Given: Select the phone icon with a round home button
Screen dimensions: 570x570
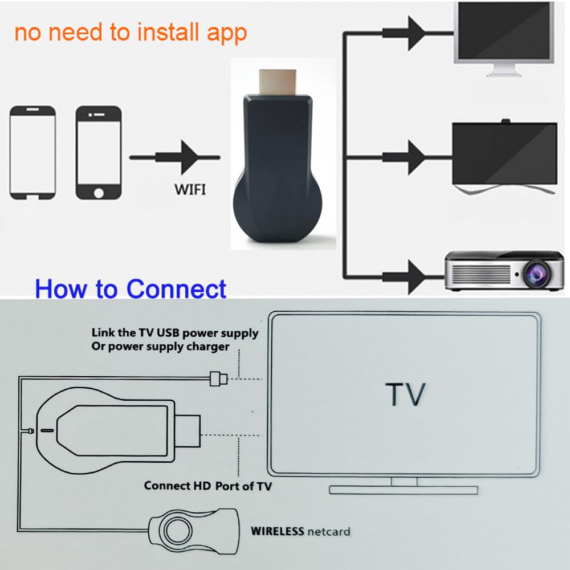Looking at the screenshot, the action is click(99, 152).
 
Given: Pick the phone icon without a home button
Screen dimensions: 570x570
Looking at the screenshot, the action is click(33, 152).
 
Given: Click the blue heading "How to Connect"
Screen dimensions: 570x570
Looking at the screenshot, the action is click(131, 288).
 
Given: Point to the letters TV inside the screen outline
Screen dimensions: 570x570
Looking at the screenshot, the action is click(405, 394).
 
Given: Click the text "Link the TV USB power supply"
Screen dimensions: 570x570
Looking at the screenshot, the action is click(175, 333).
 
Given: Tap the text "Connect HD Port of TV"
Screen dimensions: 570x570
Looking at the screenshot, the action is click(207, 486).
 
